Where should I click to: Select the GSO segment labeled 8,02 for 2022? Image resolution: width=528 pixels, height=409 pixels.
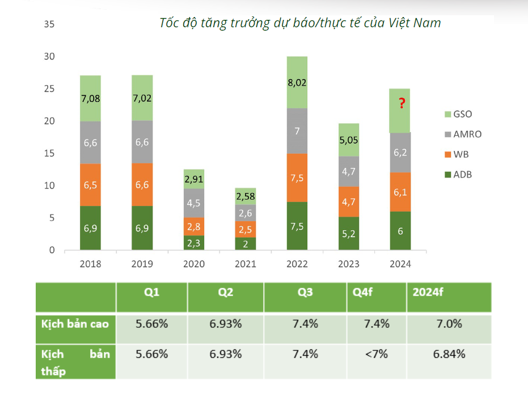coord(297,82)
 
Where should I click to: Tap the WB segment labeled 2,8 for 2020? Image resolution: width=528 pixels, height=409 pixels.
coord(194,226)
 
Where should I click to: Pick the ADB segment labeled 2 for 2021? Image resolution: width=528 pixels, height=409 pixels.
coord(246,243)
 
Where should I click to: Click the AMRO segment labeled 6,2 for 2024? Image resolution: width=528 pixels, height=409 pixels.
coord(400,153)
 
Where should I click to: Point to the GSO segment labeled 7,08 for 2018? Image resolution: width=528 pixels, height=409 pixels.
coord(90,99)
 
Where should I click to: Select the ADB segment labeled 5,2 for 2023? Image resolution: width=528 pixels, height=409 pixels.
coord(349,233)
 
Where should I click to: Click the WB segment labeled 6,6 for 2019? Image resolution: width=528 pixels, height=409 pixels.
coord(142,184)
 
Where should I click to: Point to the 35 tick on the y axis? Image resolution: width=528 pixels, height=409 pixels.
coord(49,24)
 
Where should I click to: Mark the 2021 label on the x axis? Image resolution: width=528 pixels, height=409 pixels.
coord(246,264)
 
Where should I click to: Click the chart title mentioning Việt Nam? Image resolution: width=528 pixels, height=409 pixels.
coord(300,23)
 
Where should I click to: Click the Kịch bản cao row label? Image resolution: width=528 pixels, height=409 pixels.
coord(75,324)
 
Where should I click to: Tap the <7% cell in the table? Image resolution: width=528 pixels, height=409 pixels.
coord(376,354)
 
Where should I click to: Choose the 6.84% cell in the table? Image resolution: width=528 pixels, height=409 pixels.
coord(449,354)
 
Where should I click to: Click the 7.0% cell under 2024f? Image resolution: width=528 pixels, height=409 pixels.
coord(449,324)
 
